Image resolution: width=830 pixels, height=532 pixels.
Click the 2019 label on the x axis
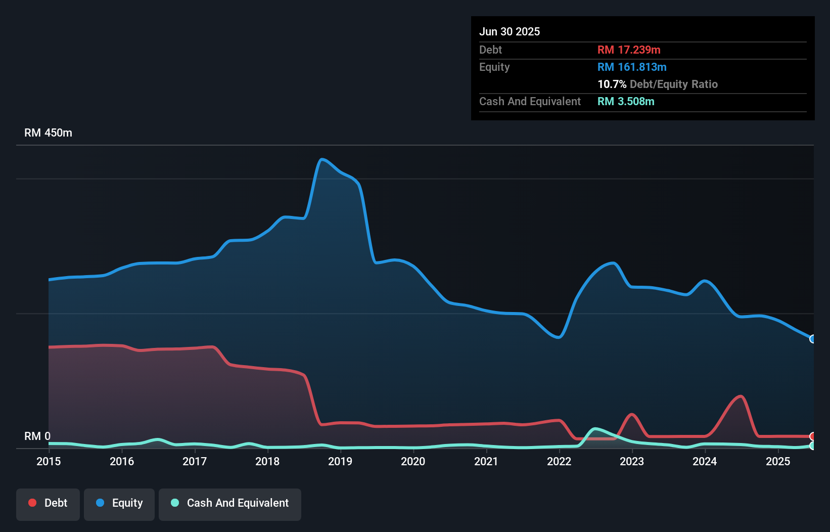point(340,462)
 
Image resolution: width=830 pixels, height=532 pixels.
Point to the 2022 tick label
point(559,462)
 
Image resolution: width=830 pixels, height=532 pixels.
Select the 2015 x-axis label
point(49,462)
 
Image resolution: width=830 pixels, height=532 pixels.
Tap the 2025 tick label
point(778,462)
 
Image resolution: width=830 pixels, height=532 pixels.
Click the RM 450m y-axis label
point(48,133)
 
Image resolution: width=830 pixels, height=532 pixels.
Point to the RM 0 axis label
point(37,436)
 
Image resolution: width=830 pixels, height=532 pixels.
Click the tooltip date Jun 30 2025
point(510,32)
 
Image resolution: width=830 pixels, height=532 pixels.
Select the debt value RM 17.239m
point(629,50)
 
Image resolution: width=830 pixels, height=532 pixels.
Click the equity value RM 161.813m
point(632,67)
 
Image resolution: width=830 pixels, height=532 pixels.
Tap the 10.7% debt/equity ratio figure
point(612,84)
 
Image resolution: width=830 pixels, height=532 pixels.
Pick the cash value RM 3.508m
point(626,102)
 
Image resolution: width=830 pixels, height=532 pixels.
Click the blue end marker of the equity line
point(813,339)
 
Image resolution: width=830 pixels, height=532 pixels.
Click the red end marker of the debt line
point(813,436)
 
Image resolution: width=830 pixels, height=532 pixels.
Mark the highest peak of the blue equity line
point(321,160)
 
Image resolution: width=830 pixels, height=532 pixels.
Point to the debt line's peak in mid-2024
point(741,396)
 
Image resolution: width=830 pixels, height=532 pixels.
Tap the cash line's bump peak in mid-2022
point(596,429)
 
